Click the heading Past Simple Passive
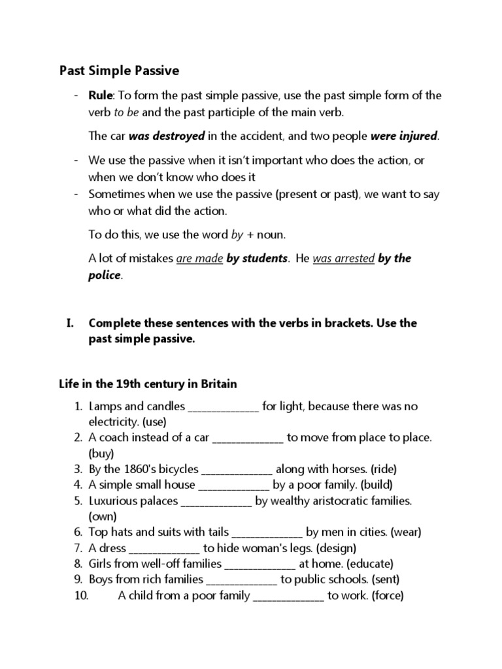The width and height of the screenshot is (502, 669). coord(120,70)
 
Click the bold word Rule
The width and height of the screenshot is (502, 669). coord(101,95)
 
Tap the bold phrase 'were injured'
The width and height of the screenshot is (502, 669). coord(405,137)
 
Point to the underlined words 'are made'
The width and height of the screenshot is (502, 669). coord(199,258)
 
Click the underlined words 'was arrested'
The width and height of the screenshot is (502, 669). coord(344,258)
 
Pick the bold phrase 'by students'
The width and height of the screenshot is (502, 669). coord(257,258)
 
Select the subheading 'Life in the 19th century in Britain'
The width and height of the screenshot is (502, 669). coord(148,383)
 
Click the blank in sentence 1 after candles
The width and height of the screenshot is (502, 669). coord(224,407)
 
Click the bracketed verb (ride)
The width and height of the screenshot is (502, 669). coord(383,469)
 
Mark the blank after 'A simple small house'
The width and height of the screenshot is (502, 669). coord(233,485)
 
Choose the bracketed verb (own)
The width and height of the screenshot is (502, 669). coord(103,516)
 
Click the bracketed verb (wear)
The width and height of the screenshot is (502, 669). coord(406,532)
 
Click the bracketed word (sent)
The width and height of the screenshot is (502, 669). coord(386,579)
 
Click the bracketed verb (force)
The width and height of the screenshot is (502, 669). coord(386,596)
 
